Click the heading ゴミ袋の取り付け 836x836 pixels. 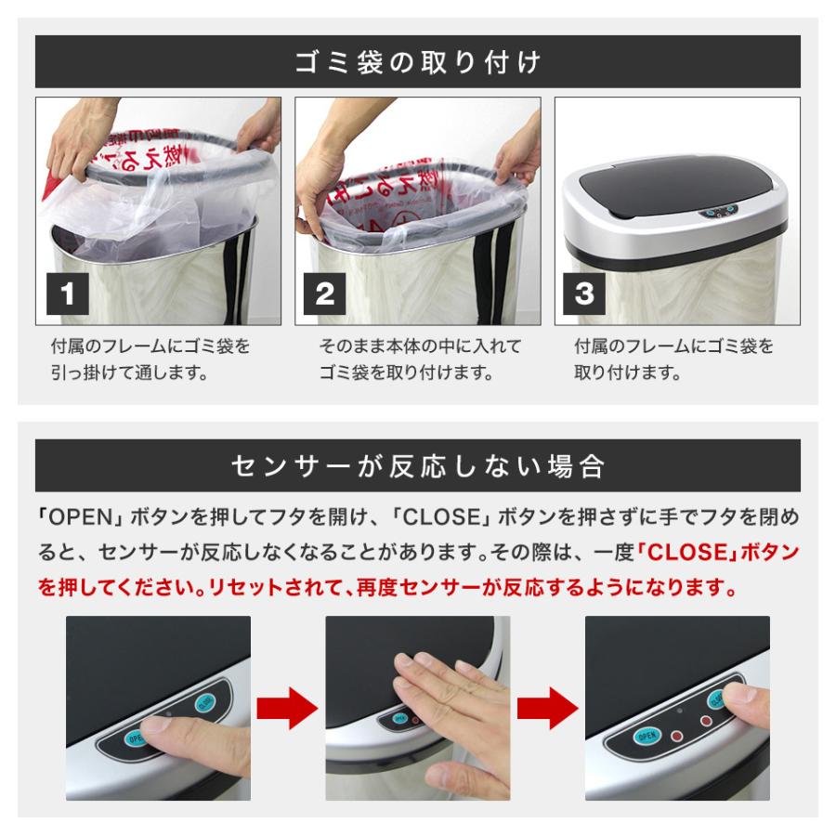click(417, 62)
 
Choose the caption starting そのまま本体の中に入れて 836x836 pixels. click(420, 360)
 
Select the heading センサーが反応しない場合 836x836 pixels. click(417, 465)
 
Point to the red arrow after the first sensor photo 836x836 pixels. click(287, 710)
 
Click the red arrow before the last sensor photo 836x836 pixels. click(547, 710)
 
